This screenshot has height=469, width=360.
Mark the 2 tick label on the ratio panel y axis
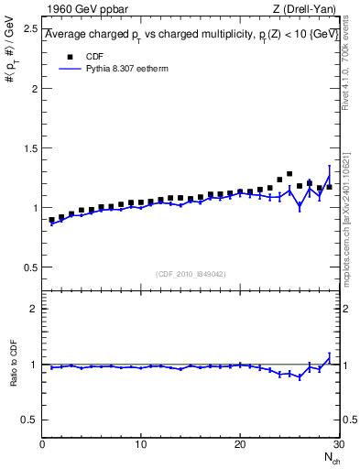33,309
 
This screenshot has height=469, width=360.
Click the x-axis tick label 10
140,445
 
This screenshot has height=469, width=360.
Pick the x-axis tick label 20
239,445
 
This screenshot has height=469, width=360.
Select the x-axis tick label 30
337,445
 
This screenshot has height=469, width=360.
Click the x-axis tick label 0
42,445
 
